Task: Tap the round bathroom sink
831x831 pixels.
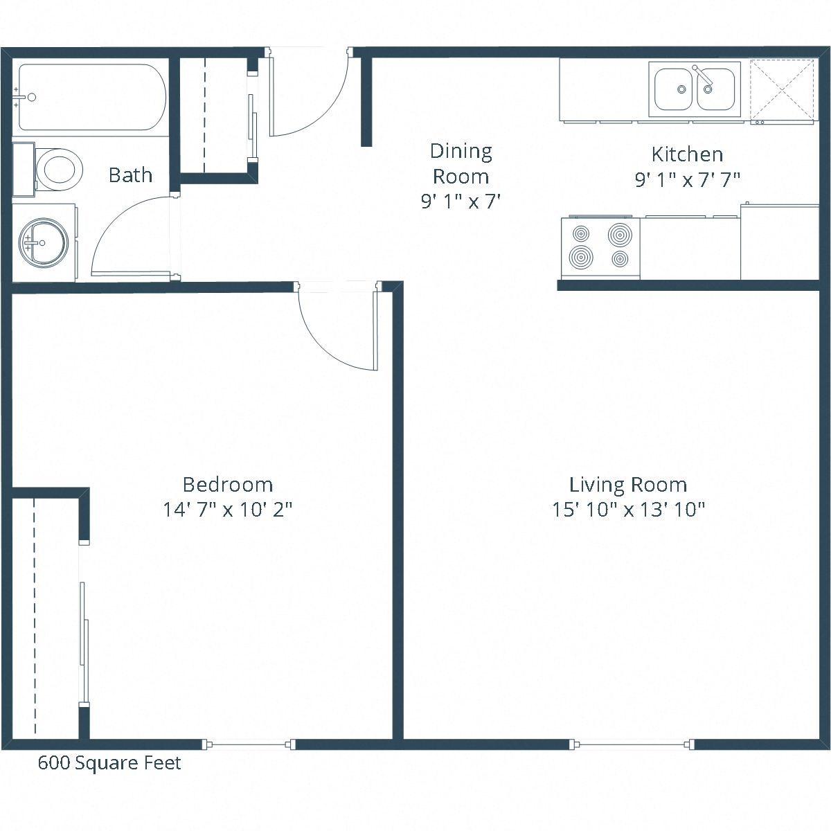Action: (x=43, y=242)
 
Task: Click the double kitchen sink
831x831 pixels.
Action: (x=695, y=89)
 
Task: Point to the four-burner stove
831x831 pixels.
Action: (x=600, y=247)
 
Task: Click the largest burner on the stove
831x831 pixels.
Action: (x=620, y=235)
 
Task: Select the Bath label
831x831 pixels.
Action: (x=130, y=175)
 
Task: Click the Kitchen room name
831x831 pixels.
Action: (x=687, y=154)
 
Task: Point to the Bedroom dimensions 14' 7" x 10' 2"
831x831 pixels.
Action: (x=227, y=510)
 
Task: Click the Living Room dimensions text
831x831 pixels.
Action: (x=628, y=510)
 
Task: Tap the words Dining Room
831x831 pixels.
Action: (x=461, y=163)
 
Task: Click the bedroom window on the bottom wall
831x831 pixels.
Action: (x=249, y=744)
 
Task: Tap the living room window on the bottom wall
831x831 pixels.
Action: (x=632, y=744)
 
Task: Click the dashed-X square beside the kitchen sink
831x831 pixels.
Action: (x=782, y=90)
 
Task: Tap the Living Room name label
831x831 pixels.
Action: (x=628, y=485)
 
